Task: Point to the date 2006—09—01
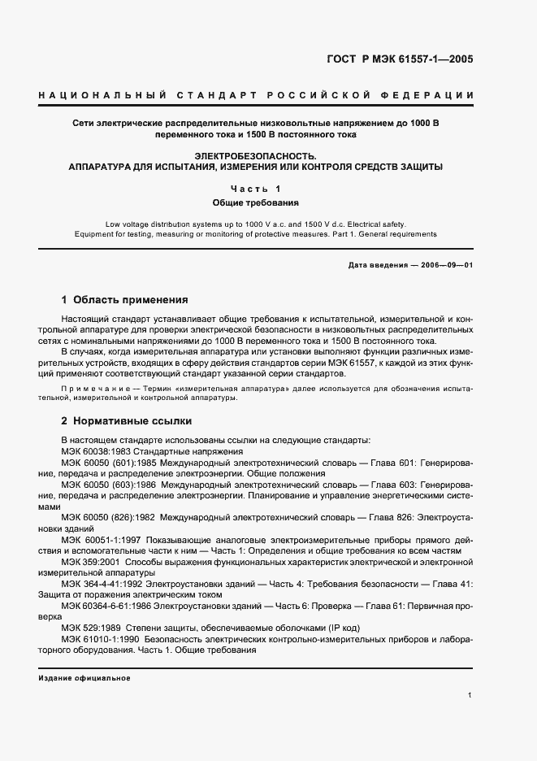[444, 266]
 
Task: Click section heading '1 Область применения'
[124, 298]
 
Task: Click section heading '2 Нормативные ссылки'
[126, 421]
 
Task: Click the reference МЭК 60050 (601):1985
[107, 462]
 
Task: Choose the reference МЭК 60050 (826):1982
[107, 516]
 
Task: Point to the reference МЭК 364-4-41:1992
[106, 583]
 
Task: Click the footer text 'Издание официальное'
[84, 677]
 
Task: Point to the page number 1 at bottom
[470, 695]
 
